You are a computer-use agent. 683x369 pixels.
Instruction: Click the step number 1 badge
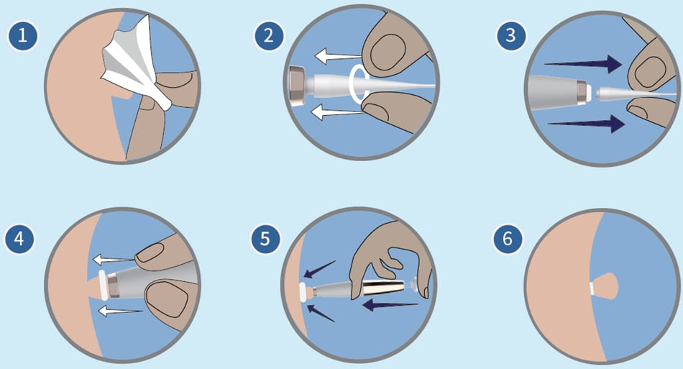pos(23,35)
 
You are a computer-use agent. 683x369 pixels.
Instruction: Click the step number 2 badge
pos(269,35)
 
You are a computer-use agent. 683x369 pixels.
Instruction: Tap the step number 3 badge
pos(511,35)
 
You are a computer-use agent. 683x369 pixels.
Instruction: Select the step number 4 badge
pos(19,239)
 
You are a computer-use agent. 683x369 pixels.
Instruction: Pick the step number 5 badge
pos(265,239)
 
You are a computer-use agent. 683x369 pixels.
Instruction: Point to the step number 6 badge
pos(508,239)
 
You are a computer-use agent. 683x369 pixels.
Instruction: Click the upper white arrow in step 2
pos(338,56)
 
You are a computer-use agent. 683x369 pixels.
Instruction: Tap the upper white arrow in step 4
pos(114,260)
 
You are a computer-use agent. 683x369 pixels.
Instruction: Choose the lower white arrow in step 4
pos(121,311)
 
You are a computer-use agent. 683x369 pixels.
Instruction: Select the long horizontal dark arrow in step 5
pos(390,305)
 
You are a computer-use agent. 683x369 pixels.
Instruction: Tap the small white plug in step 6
pos(593,288)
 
